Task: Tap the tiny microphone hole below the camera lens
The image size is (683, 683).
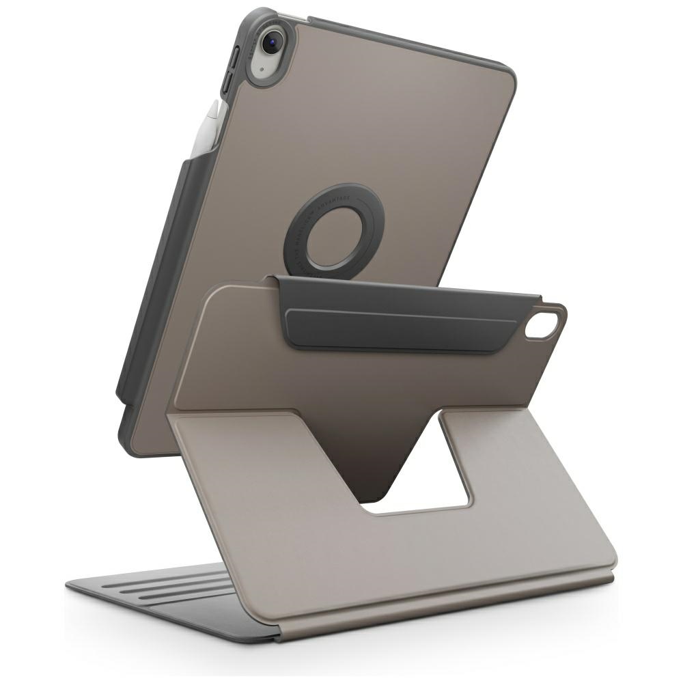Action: (262, 70)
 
